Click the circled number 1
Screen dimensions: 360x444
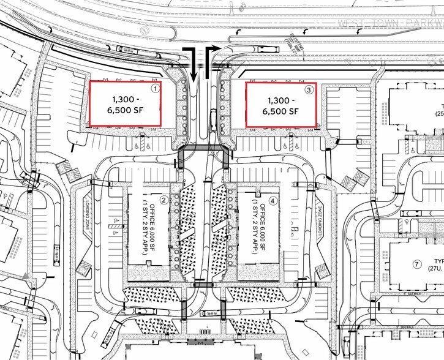156,89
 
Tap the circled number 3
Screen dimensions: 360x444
309,89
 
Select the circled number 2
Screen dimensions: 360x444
164,200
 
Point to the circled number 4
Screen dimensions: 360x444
273,200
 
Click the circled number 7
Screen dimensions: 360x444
417,264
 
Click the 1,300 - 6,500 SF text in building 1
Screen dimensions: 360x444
126,106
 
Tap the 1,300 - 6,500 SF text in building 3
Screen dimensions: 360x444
280,106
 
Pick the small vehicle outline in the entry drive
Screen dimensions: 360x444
213,117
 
